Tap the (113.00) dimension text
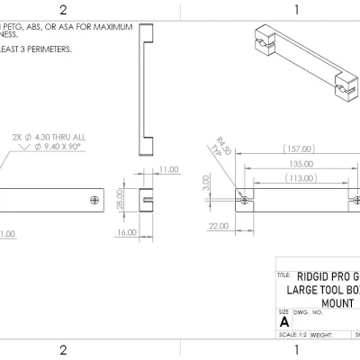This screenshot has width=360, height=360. pos(300,178)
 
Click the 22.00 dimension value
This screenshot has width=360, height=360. pos(218,227)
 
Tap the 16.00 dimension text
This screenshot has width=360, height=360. pos(127,232)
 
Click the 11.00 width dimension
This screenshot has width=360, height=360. pos(167,169)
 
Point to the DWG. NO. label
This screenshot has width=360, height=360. pos(308,313)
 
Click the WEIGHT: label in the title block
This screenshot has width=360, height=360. pos(322,334)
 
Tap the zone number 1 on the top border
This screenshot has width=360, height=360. pos(296,10)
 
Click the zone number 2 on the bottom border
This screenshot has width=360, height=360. pos(63,349)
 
